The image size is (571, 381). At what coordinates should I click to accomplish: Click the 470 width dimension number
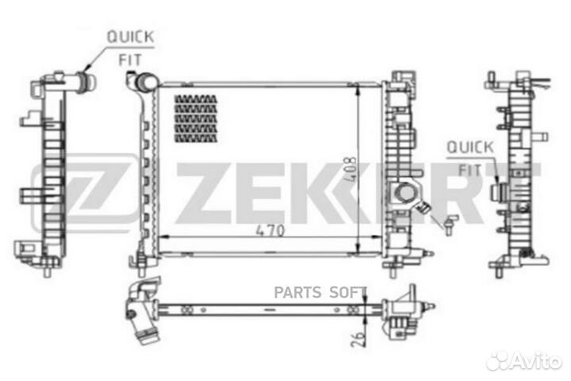tap(270, 230)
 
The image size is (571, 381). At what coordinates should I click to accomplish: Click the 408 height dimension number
tap(350, 170)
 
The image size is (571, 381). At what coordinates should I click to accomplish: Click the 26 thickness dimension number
tap(359, 338)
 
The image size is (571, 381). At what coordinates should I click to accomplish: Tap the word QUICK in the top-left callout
tap(130, 37)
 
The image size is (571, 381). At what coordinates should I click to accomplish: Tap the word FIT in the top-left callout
tap(130, 60)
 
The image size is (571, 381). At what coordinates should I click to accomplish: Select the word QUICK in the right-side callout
tap(470, 148)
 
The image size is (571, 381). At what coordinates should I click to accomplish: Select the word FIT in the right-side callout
tap(469, 171)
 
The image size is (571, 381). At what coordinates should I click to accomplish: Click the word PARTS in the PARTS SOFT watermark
tap(297, 292)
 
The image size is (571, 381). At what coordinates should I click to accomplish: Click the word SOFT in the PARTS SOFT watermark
tap(348, 292)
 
